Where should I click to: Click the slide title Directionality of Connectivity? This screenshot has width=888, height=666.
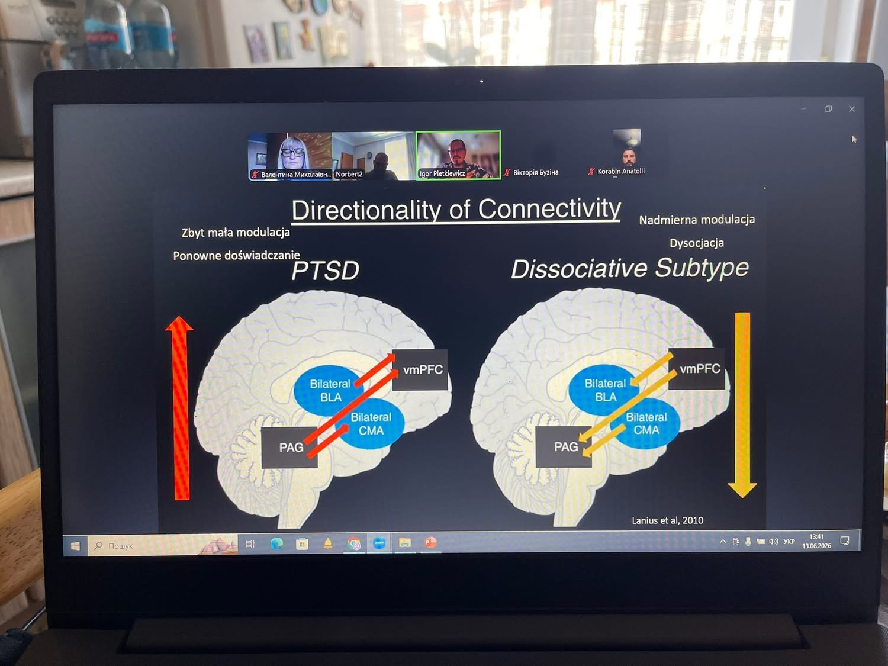point(456,210)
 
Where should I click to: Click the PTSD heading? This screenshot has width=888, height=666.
point(325,270)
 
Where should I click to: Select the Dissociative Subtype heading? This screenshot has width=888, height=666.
point(630,268)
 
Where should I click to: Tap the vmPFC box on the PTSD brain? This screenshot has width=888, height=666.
point(420,369)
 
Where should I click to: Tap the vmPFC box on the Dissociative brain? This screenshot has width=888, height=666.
point(697,369)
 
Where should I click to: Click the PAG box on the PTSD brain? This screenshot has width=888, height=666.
point(289,447)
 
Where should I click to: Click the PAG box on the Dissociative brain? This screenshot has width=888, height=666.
point(564,447)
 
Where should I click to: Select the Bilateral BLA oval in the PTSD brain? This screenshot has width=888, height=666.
point(329,390)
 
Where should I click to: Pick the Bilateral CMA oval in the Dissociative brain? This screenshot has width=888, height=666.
point(645,423)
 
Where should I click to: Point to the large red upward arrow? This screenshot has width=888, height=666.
point(179,408)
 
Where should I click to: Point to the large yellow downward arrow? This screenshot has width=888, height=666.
point(742,405)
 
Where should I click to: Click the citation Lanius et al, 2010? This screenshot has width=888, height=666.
point(668,520)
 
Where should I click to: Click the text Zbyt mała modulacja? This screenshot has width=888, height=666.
point(236,233)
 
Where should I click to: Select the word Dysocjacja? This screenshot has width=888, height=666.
point(697,243)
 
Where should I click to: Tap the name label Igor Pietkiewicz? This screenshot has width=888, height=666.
point(442,173)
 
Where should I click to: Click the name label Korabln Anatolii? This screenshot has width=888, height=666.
point(621,172)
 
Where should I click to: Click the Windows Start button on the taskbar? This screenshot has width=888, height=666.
point(75,546)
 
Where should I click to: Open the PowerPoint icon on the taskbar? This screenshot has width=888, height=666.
point(430,542)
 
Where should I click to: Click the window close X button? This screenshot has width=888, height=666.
point(851,109)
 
